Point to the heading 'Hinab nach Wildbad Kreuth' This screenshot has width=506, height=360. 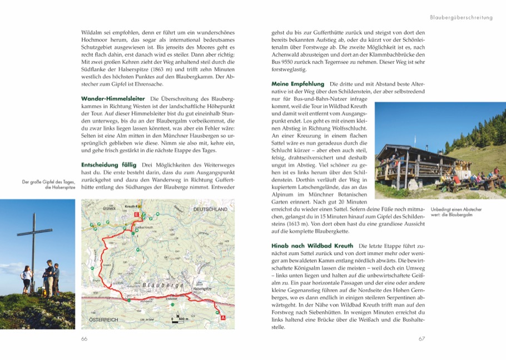312,246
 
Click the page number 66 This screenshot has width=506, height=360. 85,338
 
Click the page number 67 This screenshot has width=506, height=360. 421,338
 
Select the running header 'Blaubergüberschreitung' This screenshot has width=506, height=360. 462,17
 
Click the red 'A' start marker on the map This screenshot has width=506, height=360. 223,318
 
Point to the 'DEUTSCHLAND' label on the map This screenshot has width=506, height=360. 210,209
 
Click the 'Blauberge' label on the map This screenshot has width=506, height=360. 163,285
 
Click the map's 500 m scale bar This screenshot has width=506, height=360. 178,322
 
